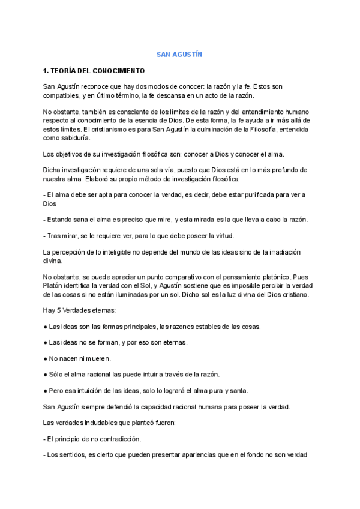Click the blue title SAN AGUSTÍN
coord(179,55)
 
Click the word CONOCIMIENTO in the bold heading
coord(110,71)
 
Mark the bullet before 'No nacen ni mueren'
coord(46,358)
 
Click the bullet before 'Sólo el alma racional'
coord(46,375)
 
